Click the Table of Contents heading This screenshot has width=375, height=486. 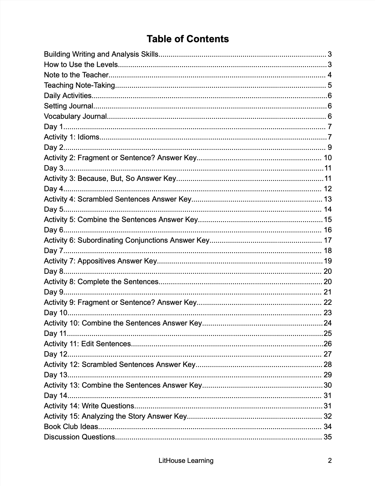[187, 39]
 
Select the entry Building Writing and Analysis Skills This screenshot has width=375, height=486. [101, 54]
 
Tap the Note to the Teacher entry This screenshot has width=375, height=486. [76, 75]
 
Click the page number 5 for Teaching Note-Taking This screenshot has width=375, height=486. [330, 85]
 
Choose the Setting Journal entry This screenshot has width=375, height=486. [69, 106]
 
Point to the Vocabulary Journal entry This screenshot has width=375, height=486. [75, 116]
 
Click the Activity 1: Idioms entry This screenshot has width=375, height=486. [72, 137]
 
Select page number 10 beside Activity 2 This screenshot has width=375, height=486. [328, 158]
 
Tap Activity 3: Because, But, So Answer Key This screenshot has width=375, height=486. [110, 178]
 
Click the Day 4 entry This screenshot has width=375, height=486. [53, 189]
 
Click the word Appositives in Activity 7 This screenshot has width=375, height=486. [96, 261]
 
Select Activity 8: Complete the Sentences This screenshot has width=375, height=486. [101, 282]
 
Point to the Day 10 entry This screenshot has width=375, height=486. [56, 313]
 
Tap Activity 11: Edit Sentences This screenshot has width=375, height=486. [87, 344]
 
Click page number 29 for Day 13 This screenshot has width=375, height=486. [328, 375]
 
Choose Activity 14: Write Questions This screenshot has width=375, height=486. [89, 406]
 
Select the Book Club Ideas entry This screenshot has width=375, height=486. [71, 427]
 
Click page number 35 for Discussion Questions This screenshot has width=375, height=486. [328, 437]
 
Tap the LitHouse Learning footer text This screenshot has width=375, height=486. [186, 461]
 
